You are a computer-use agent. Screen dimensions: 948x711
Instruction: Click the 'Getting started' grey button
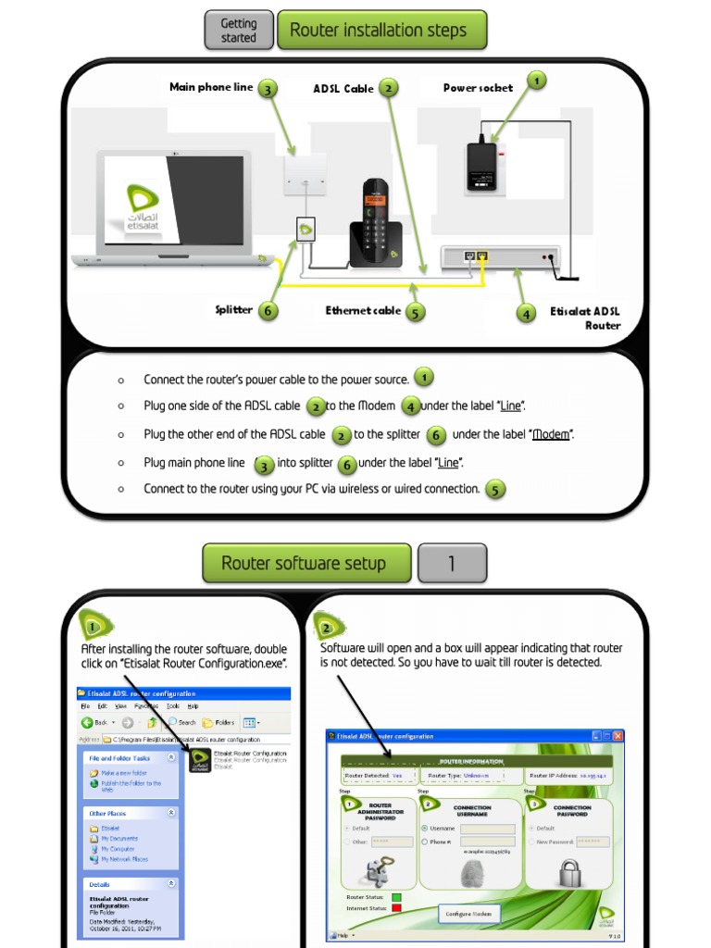[x=239, y=31]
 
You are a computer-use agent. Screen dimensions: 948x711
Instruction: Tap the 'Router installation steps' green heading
[x=381, y=31]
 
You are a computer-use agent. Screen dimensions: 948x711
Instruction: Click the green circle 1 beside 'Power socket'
[x=535, y=81]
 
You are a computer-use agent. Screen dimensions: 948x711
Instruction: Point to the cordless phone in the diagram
[x=375, y=224]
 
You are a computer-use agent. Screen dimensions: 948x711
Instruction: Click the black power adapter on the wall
[x=481, y=166]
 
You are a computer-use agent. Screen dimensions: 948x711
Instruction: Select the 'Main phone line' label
[x=211, y=87]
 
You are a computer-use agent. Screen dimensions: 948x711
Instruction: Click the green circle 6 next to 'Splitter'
[x=268, y=310]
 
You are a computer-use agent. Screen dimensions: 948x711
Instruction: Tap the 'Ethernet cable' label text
[x=363, y=311]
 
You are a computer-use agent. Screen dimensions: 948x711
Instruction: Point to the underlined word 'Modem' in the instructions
[x=550, y=434]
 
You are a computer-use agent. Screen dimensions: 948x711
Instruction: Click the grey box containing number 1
[x=452, y=564]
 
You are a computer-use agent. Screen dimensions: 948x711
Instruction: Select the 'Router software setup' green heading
[x=306, y=564]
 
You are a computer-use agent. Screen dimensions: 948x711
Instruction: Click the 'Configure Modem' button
[x=470, y=914]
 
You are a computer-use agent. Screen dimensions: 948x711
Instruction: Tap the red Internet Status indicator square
[x=395, y=908]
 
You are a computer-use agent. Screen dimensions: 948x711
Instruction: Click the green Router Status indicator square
[x=395, y=897]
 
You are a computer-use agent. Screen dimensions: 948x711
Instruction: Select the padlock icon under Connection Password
[x=569, y=872]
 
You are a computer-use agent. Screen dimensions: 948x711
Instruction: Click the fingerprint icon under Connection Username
[x=473, y=872]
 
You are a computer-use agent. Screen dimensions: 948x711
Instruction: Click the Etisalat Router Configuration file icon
[x=199, y=760]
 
